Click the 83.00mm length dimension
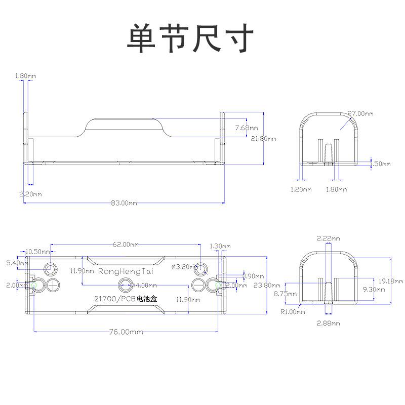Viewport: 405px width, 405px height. [124, 203]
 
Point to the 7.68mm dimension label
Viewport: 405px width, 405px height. [247, 128]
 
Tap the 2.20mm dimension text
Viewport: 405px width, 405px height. [30, 194]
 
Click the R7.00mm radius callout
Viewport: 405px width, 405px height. [360, 114]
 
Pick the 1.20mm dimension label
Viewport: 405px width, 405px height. [301, 189]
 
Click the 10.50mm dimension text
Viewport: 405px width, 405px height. [38, 252]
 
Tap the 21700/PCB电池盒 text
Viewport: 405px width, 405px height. [126, 300]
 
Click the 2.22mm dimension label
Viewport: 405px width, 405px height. [329, 238]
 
